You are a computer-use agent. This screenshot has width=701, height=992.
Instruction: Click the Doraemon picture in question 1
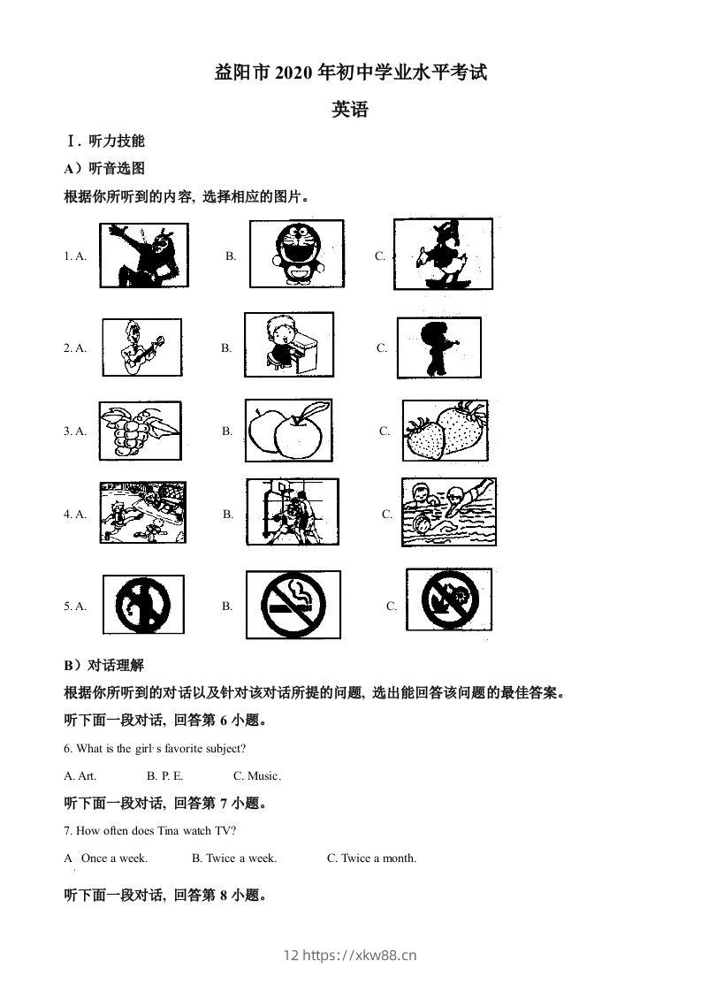pyautogui.click(x=292, y=254)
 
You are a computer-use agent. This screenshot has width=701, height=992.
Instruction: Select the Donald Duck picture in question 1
pyautogui.click(x=442, y=254)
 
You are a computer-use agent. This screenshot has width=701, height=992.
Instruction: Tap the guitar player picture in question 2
pyautogui.click(x=141, y=347)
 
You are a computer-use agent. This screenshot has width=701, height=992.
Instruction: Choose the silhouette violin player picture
pyautogui.click(x=438, y=347)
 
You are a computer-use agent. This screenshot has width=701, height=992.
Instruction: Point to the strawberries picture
pyautogui.click(x=446, y=430)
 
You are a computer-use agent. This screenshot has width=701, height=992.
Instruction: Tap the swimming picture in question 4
pyautogui.click(x=448, y=512)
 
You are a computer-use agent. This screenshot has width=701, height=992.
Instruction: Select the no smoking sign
pyautogui.click(x=293, y=605)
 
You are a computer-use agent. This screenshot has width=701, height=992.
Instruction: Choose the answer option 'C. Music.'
pyautogui.click(x=256, y=775)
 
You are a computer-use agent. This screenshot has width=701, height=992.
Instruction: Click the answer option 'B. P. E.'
pyautogui.click(x=165, y=775)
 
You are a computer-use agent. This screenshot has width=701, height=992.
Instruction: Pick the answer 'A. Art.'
pyautogui.click(x=80, y=775)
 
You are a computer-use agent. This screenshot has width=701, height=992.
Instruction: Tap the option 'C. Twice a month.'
pyautogui.click(x=371, y=858)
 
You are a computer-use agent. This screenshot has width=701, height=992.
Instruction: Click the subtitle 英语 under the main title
pyautogui.click(x=350, y=111)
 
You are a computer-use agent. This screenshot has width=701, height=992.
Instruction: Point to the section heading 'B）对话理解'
pyautogui.click(x=104, y=666)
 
